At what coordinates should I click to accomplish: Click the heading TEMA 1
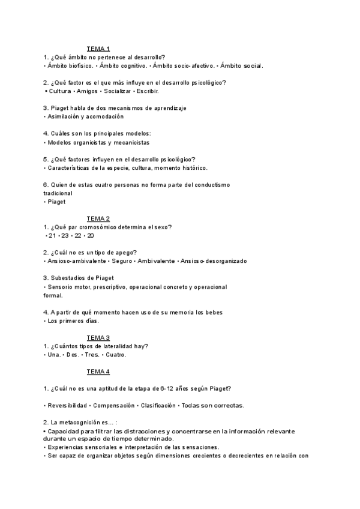98,49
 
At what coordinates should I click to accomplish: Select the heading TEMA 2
98,218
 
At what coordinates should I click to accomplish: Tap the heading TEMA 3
98,337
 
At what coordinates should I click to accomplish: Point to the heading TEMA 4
98,372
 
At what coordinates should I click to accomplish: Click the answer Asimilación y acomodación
81,116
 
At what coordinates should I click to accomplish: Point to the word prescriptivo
107,287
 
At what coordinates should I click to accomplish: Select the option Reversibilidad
67,406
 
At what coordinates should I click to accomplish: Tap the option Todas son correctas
213,406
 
